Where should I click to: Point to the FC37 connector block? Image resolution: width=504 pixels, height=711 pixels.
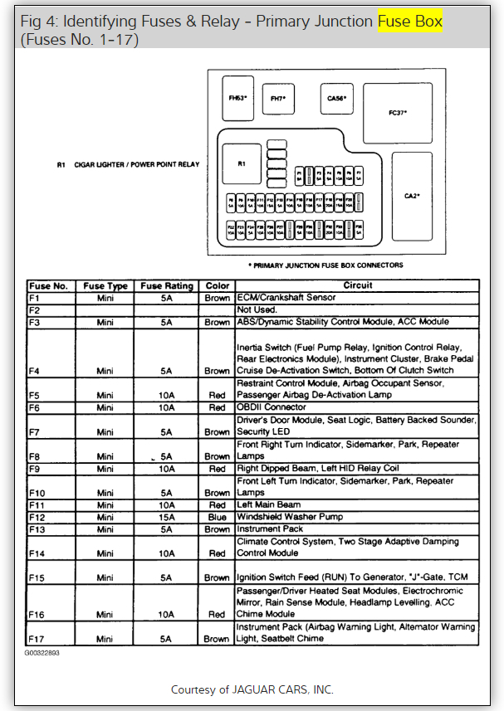398,112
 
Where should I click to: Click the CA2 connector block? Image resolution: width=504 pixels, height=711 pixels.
412,195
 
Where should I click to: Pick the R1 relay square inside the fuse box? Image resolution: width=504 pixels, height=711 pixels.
242,163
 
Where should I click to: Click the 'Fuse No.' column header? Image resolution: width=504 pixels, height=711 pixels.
50,286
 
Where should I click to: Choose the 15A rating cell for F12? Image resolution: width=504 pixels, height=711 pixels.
166,517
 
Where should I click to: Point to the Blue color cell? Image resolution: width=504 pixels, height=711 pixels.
218,517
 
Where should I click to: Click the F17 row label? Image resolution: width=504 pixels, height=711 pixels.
37,639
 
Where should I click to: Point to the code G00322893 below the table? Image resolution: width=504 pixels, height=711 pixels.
42,653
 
